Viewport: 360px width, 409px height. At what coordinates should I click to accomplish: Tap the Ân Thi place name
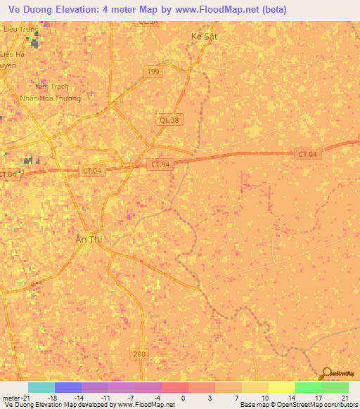tap(89, 240)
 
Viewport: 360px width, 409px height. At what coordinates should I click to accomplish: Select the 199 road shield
tap(152, 72)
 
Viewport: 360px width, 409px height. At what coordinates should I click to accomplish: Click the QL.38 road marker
tap(169, 120)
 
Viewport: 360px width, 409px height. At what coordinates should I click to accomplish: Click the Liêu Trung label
tap(19, 30)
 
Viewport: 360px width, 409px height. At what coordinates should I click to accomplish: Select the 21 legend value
tap(345, 397)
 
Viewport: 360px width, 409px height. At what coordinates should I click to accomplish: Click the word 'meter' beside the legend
tap(11, 397)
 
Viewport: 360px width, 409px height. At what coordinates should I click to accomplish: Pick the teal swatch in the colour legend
tap(41, 387)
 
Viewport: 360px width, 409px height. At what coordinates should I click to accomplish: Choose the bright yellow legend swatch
tap(281, 387)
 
